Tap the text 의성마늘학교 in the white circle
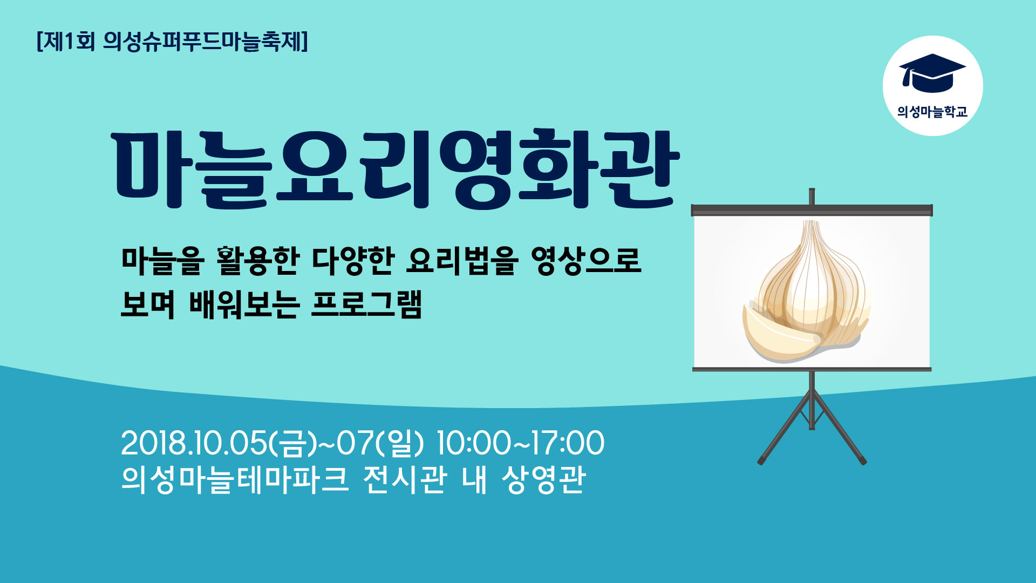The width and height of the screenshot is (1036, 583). pyautogui.click(x=932, y=112)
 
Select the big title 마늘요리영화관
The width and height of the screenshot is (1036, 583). pyautogui.click(x=395, y=168)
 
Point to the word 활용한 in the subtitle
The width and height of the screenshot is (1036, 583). pyautogui.click(x=257, y=261)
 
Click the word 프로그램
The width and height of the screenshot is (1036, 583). pyautogui.click(x=366, y=304)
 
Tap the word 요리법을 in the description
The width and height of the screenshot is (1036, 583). pyautogui.click(x=462, y=261)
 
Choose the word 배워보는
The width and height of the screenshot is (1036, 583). pyautogui.click(x=244, y=304)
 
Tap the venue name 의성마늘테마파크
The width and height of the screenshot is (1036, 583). pyautogui.click(x=235, y=479)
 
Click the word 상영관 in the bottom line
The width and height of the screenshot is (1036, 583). pyautogui.click(x=543, y=479)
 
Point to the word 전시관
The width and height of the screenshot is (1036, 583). pyautogui.click(x=405, y=479)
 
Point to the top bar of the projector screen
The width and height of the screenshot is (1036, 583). pyautogui.click(x=812, y=210)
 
